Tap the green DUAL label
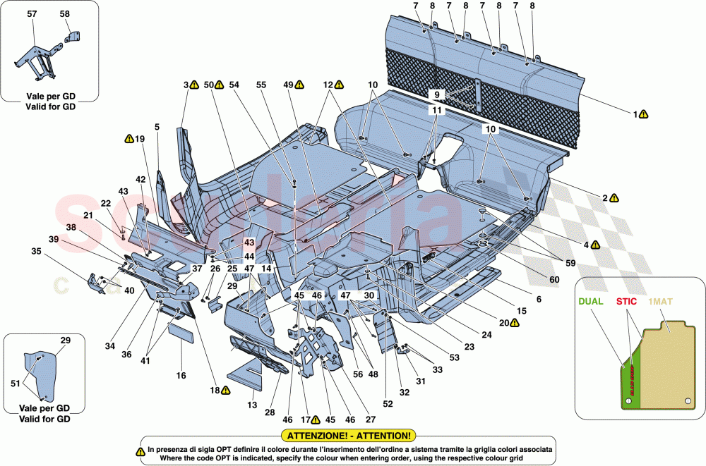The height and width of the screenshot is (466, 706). click(x=592, y=300)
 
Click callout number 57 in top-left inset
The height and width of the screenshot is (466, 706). click(x=31, y=13)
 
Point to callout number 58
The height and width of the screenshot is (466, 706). click(x=64, y=13)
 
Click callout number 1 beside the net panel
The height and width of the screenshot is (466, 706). click(x=635, y=114)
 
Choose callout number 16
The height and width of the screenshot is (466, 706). click(x=181, y=376)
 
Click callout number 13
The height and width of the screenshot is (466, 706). click(x=253, y=405)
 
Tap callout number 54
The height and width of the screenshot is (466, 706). click(x=234, y=85)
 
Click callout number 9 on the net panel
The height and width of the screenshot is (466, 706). click(x=436, y=94)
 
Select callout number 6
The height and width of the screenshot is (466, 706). click(x=539, y=300)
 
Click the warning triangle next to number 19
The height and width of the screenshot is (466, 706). click(x=129, y=139)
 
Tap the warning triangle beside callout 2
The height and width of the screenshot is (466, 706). click(x=615, y=199)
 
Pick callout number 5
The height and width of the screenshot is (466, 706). click(x=157, y=127)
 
